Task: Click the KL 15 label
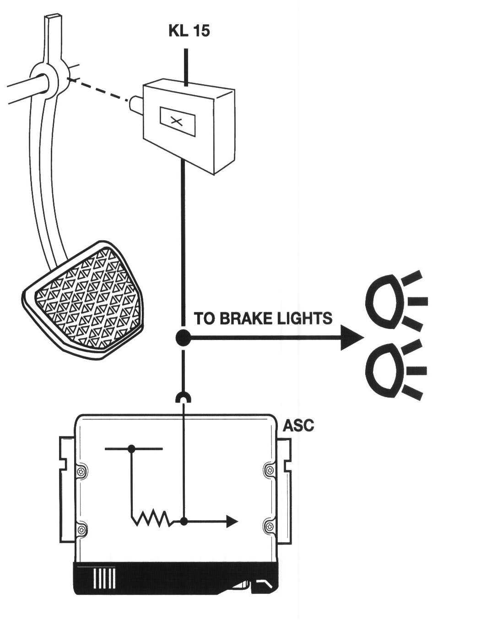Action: tap(189, 31)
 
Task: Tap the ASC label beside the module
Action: tap(298, 426)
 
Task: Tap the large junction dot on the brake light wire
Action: tap(184, 339)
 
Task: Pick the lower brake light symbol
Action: tap(384, 369)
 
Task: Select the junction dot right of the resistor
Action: tap(184, 521)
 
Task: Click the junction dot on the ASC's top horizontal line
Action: tap(132, 449)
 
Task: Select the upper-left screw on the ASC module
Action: tap(81, 471)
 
